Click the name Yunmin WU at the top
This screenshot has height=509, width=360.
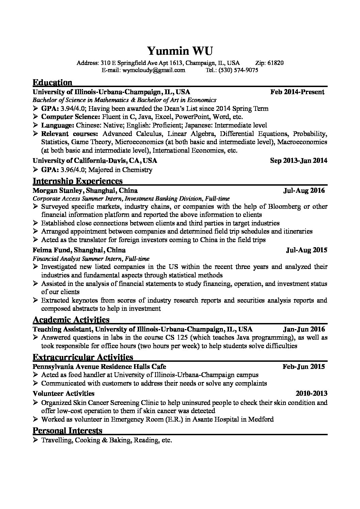click(x=180, y=51)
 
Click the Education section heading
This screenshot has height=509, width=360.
click(x=52, y=83)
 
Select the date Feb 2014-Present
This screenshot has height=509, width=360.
click(x=297, y=92)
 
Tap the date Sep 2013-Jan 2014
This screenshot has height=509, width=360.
click(x=298, y=160)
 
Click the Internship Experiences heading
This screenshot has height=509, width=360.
click(x=78, y=181)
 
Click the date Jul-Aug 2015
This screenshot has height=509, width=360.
click(x=307, y=250)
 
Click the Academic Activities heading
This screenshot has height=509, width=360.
click(x=71, y=320)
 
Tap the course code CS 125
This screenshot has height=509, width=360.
click(x=190, y=338)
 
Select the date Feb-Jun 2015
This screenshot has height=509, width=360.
click(x=304, y=367)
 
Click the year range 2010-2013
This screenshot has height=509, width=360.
click(x=311, y=393)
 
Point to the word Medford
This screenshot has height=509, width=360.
click(x=261, y=419)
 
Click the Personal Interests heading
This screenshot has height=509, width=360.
click(x=67, y=431)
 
